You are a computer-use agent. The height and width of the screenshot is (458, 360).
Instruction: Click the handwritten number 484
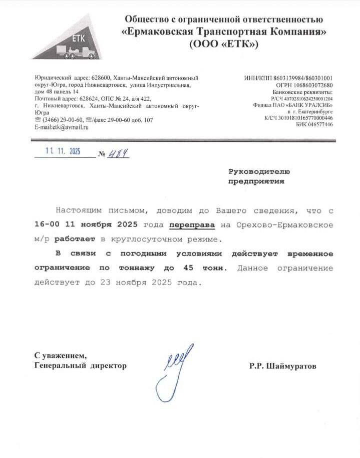tap(119, 153)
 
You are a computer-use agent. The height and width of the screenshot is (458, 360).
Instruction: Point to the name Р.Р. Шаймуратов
tap(282, 366)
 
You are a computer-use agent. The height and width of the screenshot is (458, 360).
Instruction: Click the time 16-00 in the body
tap(46, 224)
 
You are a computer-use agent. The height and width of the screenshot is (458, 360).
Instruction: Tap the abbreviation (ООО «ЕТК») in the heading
tap(224, 45)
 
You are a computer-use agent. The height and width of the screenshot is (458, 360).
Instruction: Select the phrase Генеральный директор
tap(80, 366)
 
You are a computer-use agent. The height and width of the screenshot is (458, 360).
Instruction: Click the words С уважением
tap(57, 355)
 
